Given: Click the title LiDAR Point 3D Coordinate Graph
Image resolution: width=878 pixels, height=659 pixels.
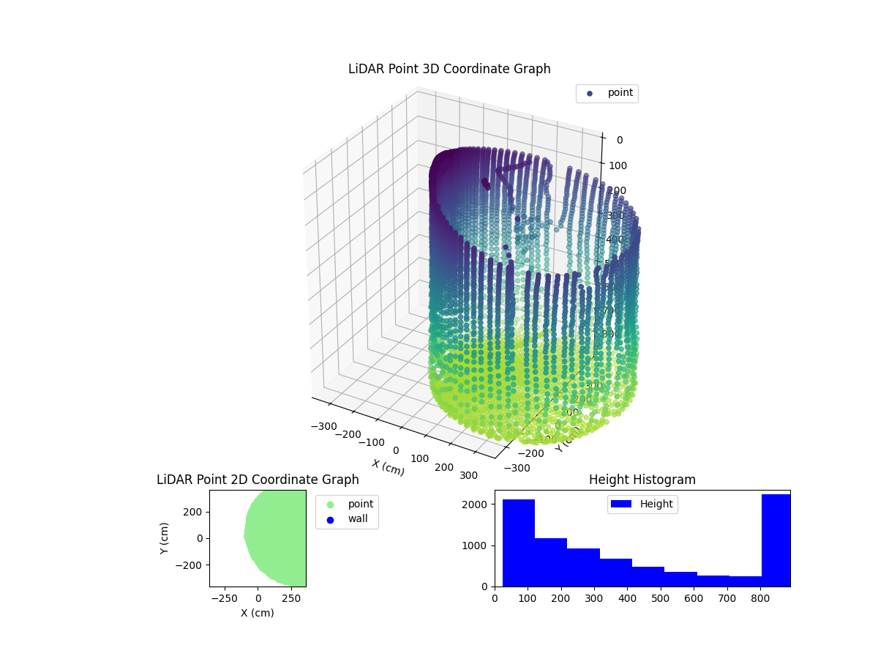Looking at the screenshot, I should click(449, 69).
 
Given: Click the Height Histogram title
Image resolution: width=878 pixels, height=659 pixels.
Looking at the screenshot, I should click(642, 480).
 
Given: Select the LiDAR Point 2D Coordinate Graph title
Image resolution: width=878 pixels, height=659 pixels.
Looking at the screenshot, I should click(258, 480).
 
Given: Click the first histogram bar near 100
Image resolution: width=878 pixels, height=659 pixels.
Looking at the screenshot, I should click(519, 543).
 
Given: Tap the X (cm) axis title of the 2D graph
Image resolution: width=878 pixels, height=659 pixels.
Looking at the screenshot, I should click(258, 613).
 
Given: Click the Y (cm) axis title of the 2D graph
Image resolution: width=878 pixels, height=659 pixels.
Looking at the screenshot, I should click(165, 537).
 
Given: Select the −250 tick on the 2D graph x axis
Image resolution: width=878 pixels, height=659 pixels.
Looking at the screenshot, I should click(225, 598).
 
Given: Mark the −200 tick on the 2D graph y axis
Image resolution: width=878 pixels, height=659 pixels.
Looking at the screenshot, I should click(192, 565).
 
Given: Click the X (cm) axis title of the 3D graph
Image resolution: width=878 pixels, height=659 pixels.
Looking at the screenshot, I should click(388, 467).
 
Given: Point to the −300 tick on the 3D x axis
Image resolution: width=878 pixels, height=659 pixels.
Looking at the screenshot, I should click(323, 426).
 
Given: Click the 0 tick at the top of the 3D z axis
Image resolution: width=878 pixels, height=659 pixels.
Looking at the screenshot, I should click(619, 140).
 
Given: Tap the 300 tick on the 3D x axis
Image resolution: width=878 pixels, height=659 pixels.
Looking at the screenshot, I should click(468, 475).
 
